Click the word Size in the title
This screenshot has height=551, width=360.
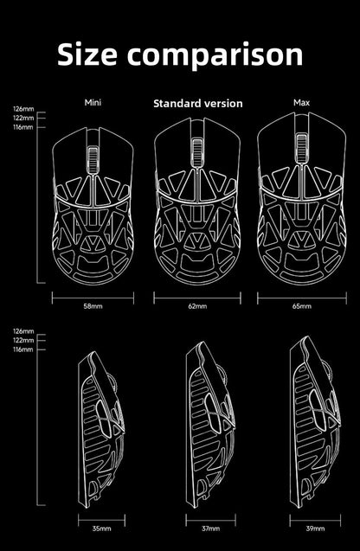(87, 54)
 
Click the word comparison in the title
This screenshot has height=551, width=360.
(215, 56)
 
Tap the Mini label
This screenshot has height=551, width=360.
(93, 103)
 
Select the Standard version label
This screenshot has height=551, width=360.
(198, 103)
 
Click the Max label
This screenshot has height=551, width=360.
(302, 103)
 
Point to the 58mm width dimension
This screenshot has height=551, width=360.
(93, 306)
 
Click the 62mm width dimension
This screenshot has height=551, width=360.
(197, 306)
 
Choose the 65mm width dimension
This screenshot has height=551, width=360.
(302, 306)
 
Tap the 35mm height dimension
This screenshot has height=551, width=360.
(101, 529)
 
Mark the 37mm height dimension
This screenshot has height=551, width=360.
(210, 529)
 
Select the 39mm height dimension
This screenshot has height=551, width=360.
(315, 529)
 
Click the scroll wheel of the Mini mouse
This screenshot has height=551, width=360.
(93, 159)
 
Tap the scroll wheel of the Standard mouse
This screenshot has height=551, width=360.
(197, 152)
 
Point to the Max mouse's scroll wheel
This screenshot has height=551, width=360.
(301, 148)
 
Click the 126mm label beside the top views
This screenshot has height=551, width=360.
(23, 109)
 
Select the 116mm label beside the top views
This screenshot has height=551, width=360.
(23, 127)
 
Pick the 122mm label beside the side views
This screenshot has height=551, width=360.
(23, 340)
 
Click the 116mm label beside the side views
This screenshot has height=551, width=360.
(23, 349)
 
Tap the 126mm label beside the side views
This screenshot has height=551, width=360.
(23, 331)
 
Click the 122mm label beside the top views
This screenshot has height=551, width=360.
(23, 118)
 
